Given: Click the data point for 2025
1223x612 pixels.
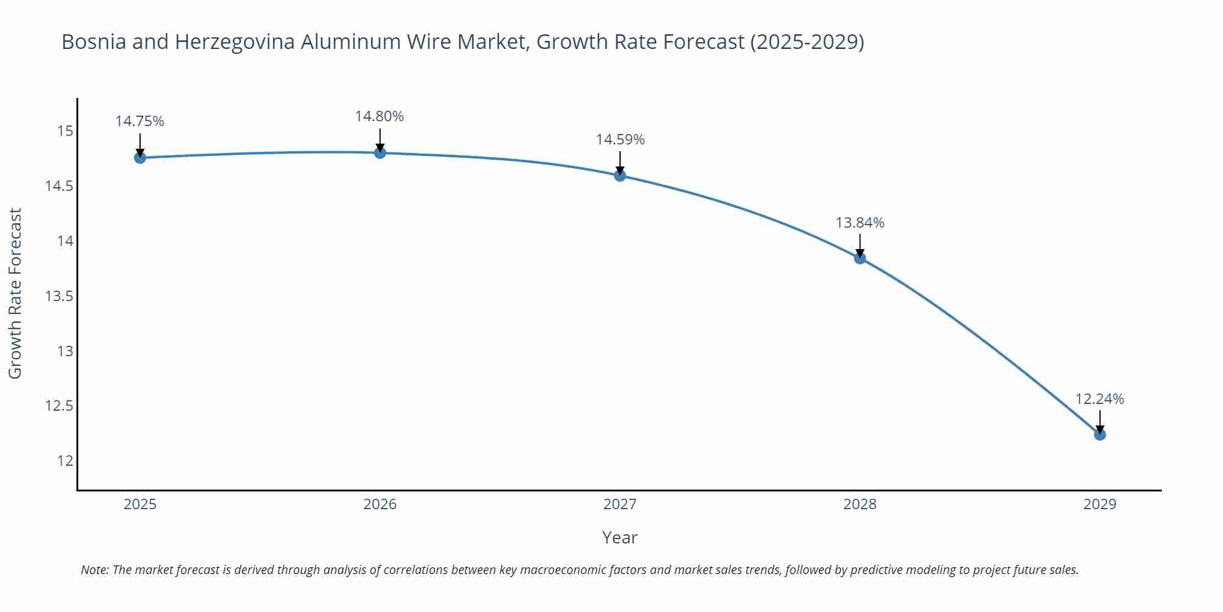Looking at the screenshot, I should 140,158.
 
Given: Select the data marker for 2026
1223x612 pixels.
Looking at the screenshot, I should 380,152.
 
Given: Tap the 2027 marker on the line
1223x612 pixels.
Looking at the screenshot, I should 620,176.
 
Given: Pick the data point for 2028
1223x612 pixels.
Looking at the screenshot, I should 860,258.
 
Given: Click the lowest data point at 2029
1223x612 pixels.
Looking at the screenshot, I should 1099,435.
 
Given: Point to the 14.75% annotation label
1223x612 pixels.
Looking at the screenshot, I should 140,121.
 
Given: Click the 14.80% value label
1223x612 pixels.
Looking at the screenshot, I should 380,116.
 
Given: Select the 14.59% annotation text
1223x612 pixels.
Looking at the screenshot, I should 620,140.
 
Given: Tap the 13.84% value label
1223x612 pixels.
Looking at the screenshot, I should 860,223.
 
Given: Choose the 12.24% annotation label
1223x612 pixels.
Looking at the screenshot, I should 1099,399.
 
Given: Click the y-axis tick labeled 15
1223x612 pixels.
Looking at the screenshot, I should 65,131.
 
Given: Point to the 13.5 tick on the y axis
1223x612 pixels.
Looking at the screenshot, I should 59,296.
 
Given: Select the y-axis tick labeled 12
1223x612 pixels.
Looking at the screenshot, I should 65,461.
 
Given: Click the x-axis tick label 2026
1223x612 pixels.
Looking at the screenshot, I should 380,504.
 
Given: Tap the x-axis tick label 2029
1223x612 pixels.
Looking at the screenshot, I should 1099,504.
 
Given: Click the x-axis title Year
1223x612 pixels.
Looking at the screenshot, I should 619,537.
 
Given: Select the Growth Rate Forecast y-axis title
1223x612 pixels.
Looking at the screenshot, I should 15,293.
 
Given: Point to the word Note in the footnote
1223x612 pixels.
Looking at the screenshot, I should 94,570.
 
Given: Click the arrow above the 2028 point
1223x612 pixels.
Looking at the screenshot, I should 860,245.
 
